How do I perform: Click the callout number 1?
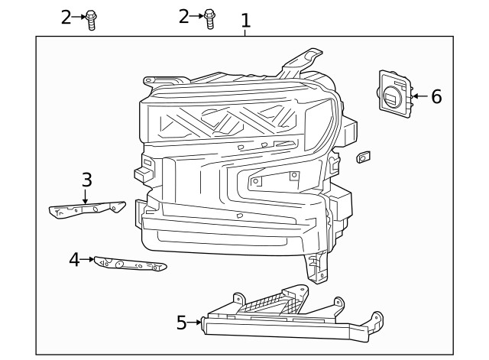click(245, 20)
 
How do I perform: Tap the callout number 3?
click(86, 180)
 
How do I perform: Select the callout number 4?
click(74, 260)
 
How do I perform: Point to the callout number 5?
click(181, 323)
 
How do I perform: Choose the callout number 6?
click(436, 96)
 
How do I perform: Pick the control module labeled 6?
click(395, 94)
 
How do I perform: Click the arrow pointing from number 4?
click(89, 260)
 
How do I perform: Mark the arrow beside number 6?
click(418, 96)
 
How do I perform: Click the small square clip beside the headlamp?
click(363, 157)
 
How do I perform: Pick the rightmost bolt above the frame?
click(210, 18)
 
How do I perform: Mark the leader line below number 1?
click(245, 31)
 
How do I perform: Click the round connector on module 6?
click(390, 98)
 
